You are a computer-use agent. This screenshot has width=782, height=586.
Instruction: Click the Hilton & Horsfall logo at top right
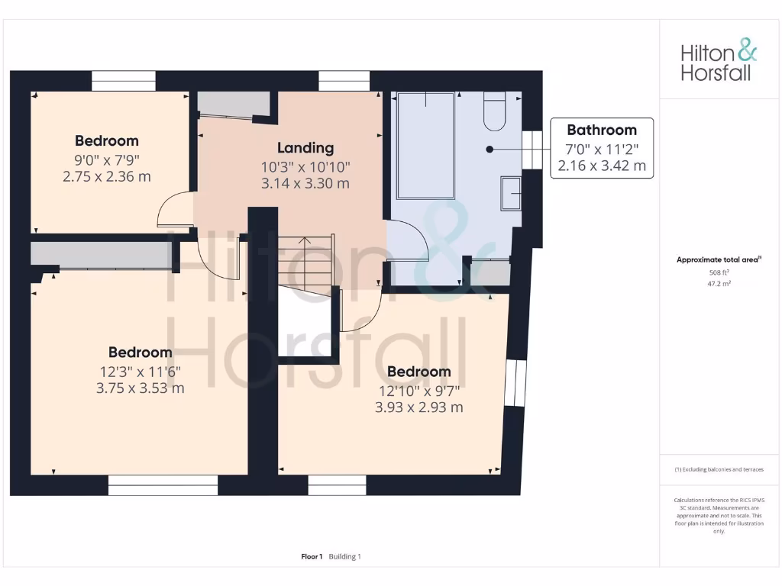(x=718, y=62)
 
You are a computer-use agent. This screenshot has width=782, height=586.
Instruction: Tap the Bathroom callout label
(x=602, y=130)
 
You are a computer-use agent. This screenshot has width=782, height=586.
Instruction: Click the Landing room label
(x=305, y=148)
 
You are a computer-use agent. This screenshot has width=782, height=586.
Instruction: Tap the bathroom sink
(x=511, y=193)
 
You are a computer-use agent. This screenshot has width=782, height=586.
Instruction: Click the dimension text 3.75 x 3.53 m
(x=140, y=388)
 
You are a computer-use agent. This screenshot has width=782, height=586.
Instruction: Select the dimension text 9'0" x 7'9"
(x=107, y=159)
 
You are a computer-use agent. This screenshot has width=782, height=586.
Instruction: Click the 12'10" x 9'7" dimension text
(x=418, y=391)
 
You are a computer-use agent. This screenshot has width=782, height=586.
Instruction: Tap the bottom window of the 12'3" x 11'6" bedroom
(x=163, y=485)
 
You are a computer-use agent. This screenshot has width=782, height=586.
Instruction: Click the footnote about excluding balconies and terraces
(x=719, y=469)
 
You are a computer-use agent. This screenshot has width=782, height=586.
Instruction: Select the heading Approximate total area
(x=718, y=260)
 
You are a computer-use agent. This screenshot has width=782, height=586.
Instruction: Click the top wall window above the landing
(x=344, y=81)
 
